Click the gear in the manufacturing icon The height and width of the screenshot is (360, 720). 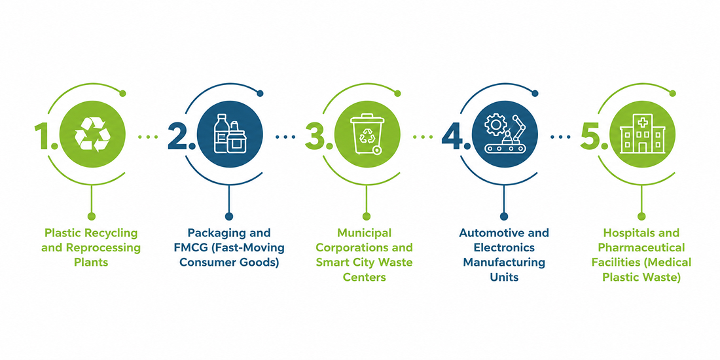(x=495, y=124)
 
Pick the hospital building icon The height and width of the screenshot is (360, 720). (x=642, y=134)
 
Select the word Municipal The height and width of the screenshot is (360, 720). (x=364, y=233)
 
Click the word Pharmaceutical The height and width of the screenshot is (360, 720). (x=642, y=247)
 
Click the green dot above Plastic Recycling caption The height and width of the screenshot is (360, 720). (x=92, y=216)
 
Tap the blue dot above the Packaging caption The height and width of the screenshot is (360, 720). (x=229, y=216)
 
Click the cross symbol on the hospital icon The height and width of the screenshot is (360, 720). (x=642, y=122)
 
